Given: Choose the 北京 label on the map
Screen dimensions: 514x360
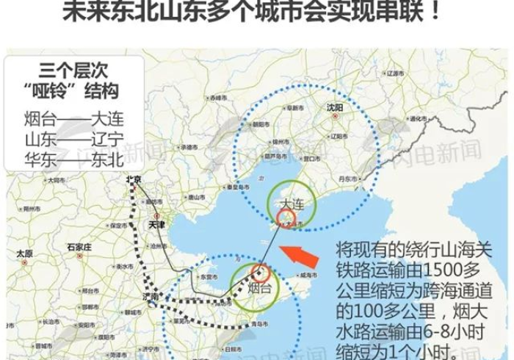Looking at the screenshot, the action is tap(132, 179).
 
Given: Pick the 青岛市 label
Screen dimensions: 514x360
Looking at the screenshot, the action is tap(256, 323).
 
